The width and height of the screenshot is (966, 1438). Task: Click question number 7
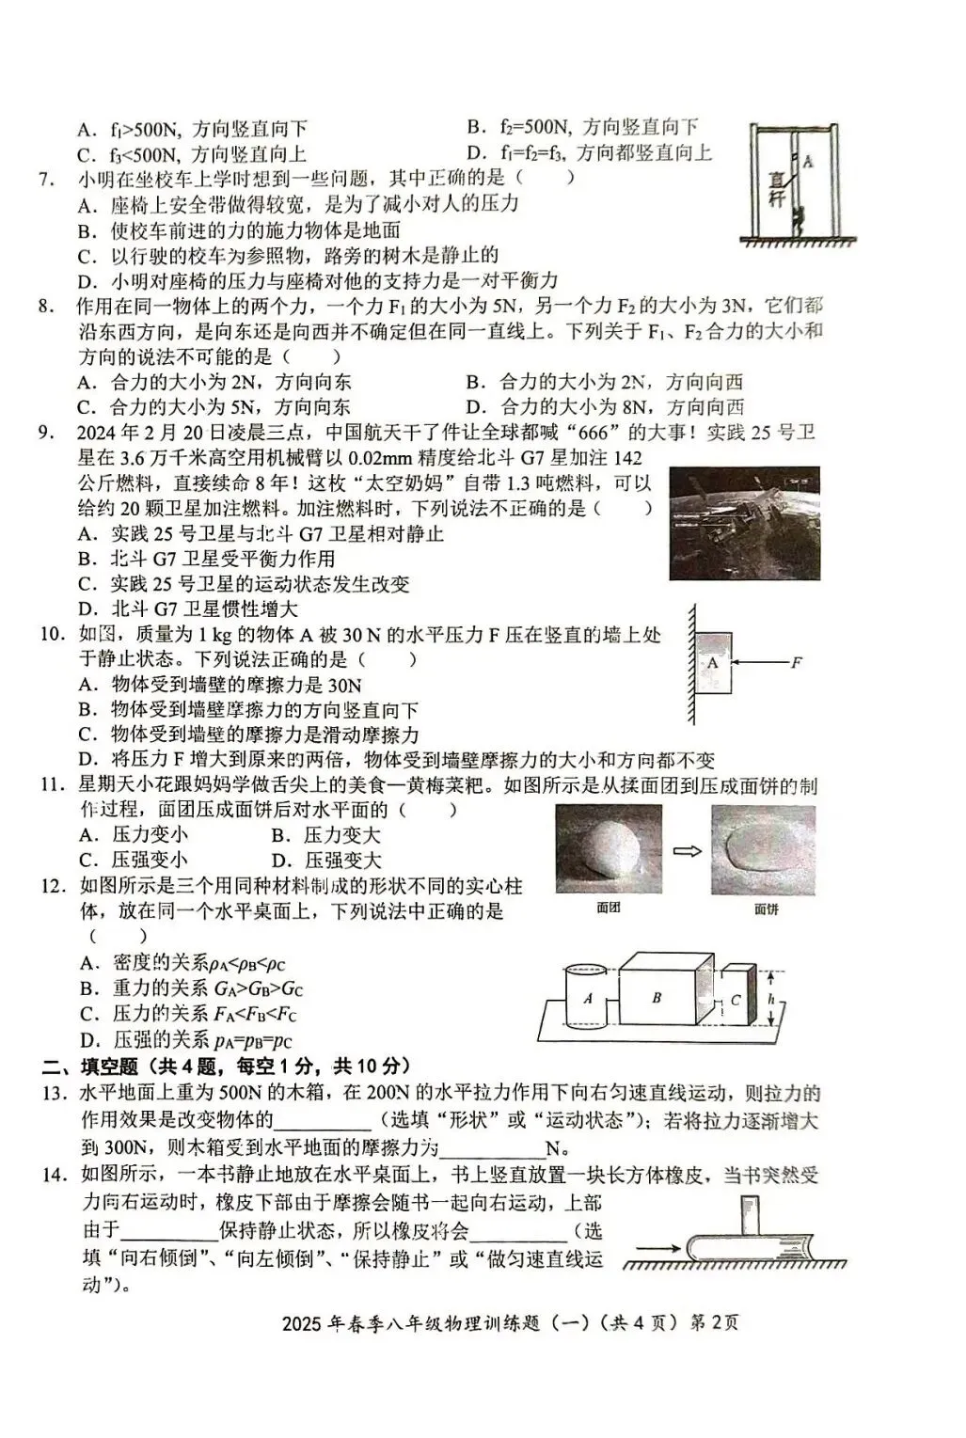pos(45,178)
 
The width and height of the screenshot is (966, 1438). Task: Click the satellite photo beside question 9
pos(744,523)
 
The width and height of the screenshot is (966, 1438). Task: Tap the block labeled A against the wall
pos(714,662)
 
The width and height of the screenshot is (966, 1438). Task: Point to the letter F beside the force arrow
pos(796,662)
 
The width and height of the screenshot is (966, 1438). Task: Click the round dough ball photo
pos(608,847)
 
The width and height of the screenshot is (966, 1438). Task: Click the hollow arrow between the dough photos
pos(688,850)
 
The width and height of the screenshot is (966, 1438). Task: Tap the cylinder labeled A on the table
pos(588,997)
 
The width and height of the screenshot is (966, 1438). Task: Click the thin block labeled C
pos(737,999)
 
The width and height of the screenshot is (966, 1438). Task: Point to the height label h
pos(770,999)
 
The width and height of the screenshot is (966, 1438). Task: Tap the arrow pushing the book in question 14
pos(663,1249)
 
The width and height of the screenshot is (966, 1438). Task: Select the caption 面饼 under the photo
pos(767,909)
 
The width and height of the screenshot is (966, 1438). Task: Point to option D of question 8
pos(605,407)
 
